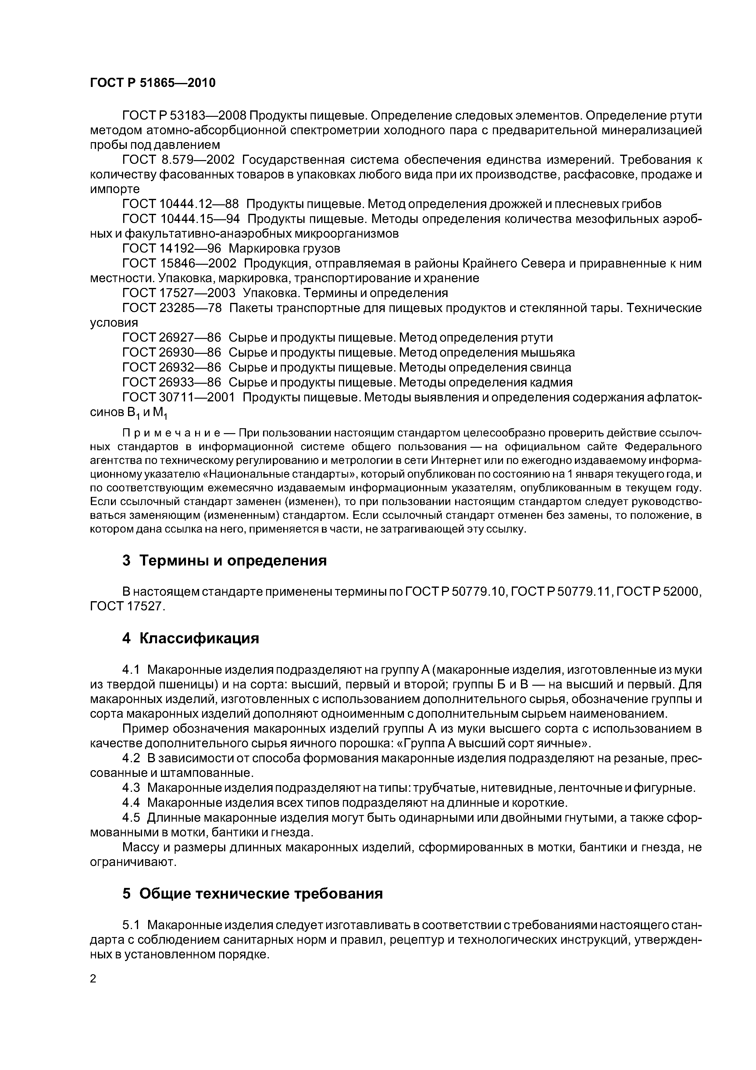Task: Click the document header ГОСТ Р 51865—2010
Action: click(153, 83)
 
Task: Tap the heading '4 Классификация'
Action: click(190, 638)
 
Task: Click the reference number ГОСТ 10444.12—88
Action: click(180, 204)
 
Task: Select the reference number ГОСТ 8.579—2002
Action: click(178, 160)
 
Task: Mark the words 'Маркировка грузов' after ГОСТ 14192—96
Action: click(285, 248)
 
